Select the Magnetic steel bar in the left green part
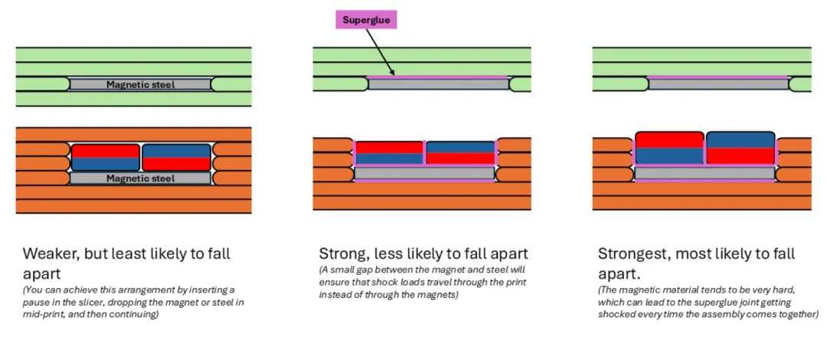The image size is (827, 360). pos(139,84)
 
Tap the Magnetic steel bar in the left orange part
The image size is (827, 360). pos(139,178)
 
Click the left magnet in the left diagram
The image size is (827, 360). pos(106,158)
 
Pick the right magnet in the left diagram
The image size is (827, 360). pos(176,158)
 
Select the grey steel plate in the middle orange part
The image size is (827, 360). pos(424,174)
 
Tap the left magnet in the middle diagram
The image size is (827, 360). pos(390,153)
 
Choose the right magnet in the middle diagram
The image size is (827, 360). pos(459,153)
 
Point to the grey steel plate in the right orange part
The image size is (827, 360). pos(704,174)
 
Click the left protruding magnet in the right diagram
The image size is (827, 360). pos(669,148)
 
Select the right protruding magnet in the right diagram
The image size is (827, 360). pos(740,148)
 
